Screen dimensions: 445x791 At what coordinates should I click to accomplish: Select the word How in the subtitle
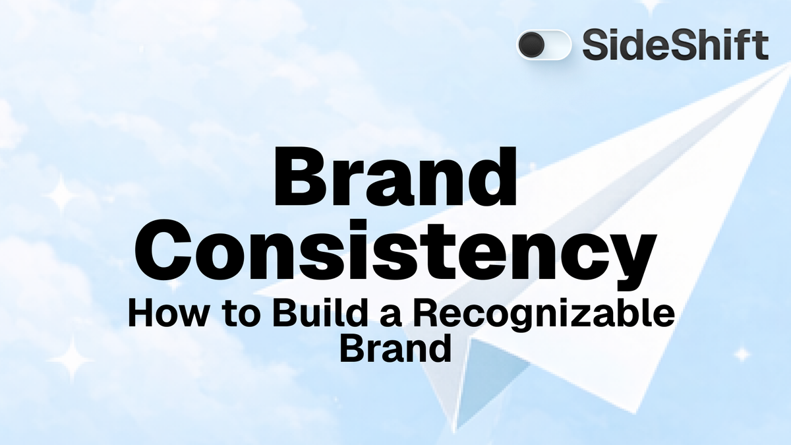(164, 314)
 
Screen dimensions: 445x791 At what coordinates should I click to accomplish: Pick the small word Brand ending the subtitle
(395, 347)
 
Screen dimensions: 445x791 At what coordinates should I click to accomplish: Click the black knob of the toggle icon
(531, 45)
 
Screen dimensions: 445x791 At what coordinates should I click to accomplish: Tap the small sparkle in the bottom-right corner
(742, 355)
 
